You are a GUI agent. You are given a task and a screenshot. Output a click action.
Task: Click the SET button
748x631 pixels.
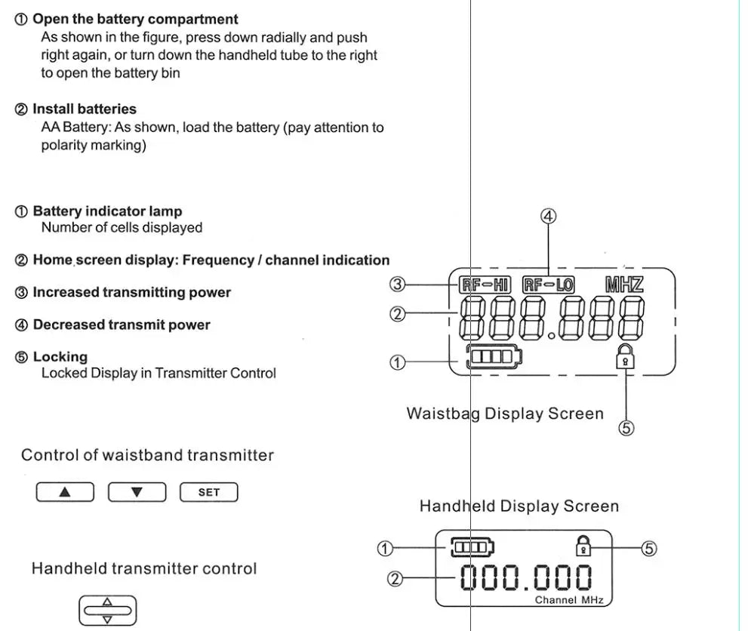[208, 492]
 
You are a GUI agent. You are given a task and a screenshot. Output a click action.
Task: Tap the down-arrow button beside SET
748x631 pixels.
[137, 492]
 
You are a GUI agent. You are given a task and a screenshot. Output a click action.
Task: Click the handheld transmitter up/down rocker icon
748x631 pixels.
[106, 611]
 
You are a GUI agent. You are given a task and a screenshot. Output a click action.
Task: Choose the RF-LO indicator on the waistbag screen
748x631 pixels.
[548, 285]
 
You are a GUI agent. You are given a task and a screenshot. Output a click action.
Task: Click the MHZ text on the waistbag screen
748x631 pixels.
[623, 285]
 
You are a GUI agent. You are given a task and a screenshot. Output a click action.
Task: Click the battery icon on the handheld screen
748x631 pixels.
[471, 546]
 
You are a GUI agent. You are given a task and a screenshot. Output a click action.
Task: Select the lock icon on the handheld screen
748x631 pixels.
[583, 545]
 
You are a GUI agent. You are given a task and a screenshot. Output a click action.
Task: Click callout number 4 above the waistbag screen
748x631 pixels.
[549, 217]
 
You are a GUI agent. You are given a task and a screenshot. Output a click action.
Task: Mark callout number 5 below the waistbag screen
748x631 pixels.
[626, 428]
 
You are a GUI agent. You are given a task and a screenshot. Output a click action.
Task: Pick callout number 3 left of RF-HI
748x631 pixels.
[398, 284]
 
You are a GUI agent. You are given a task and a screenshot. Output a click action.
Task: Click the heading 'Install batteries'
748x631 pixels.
[84, 109]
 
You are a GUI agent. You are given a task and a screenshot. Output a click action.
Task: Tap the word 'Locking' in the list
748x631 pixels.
[60, 357]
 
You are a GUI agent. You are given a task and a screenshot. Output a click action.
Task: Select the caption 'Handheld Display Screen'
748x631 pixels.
[519, 506]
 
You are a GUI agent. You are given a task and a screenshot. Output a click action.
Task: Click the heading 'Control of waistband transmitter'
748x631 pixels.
[147, 455]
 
